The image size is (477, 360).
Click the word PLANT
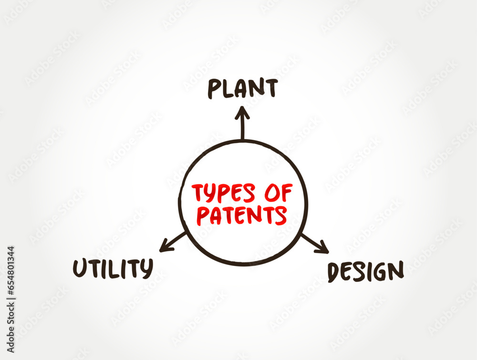pyautogui.click(x=242, y=89)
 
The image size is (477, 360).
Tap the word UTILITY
pyautogui.click(x=113, y=268)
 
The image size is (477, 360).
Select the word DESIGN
pyautogui.click(x=366, y=271)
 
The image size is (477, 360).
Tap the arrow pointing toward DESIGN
pyautogui.click(x=315, y=243)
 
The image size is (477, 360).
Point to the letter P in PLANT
pyautogui.click(x=214, y=90)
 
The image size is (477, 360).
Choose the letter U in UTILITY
pyautogui.click(x=80, y=268)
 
